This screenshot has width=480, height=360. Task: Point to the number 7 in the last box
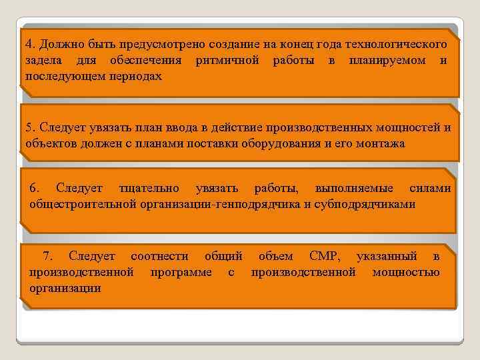[x=47, y=256]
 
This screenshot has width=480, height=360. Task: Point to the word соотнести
[x=159, y=256]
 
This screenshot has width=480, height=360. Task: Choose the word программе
[x=181, y=272]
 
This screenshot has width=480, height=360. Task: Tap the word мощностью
[x=406, y=272]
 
